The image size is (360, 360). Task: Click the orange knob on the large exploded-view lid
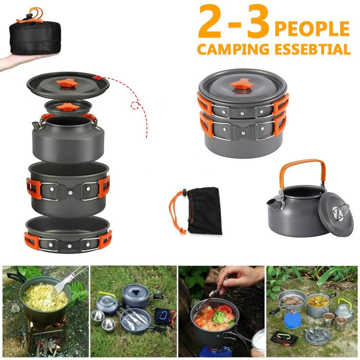coord(67,83)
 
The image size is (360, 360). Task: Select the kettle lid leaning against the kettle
coord(336,214)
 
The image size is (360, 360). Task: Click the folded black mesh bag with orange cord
coord(203,210)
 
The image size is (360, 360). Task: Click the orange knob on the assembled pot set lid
coord(242,85)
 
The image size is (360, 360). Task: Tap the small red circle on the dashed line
coord(136,106)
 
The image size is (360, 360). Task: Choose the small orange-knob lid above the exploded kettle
coord(67,107)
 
